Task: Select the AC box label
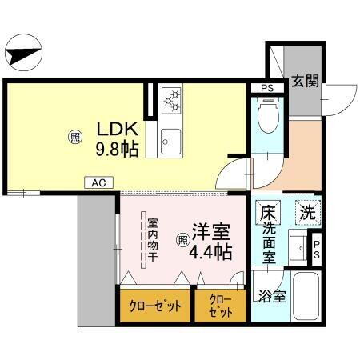click(98, 183)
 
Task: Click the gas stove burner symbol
click(173, 102)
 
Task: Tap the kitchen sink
click(172, 142)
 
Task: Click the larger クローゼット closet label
click(156, 306)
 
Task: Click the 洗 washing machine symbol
click(307, 213)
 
